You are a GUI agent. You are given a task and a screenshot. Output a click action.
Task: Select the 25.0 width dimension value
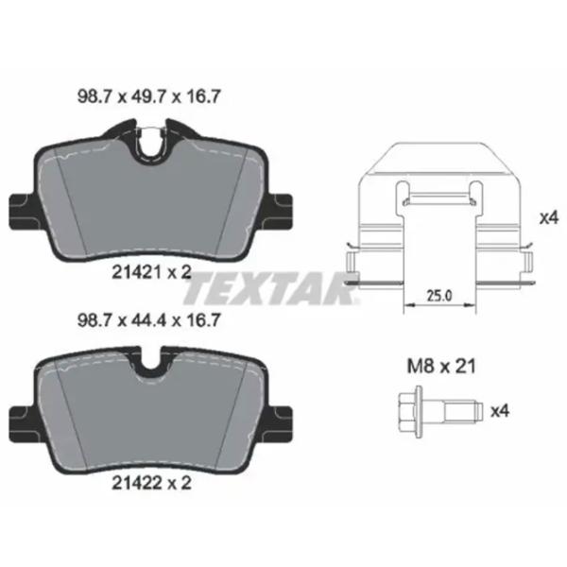click(438, 295)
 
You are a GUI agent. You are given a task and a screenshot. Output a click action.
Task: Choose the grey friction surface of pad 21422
click(151, 421)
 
